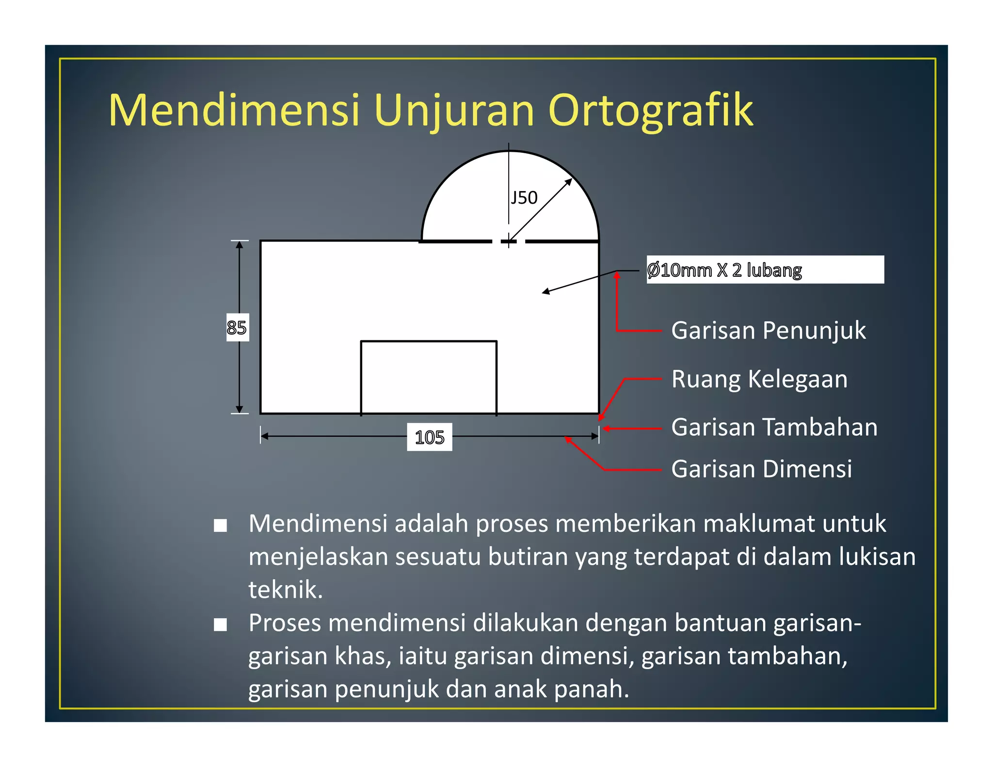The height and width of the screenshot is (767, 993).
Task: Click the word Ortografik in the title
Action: (651, 111)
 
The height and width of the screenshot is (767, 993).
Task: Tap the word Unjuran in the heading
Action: (454, 111)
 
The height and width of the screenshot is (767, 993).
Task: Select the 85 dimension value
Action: (237, 328)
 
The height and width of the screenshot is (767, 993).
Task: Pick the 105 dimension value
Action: (430, 437)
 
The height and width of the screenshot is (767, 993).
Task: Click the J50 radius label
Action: (524, 198)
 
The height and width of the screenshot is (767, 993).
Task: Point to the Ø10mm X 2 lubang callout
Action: (724, 270)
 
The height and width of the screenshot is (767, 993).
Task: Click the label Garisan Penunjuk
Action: (768, 331)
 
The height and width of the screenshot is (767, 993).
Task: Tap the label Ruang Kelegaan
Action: (759, 379)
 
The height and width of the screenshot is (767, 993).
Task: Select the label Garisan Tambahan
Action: (774, 428)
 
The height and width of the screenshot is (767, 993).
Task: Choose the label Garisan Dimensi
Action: (761, 469)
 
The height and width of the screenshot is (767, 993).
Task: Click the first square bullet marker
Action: (221, 526)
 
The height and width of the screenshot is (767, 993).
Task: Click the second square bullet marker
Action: (221, 625)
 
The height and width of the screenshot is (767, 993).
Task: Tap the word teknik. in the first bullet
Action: (286, 590)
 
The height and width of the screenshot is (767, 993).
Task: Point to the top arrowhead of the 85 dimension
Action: (240, 244)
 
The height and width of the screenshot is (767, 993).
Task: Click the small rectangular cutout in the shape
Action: (429, 377)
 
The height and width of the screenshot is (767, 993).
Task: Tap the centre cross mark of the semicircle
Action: (509, 241)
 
